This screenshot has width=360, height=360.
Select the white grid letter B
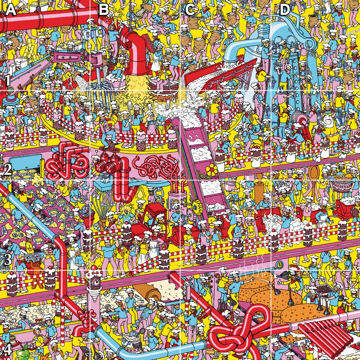pos(104,10)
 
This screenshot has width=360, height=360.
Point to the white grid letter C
pos(190,10)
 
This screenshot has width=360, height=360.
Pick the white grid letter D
pos(284,10)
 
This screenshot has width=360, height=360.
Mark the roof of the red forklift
pos(148,207)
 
